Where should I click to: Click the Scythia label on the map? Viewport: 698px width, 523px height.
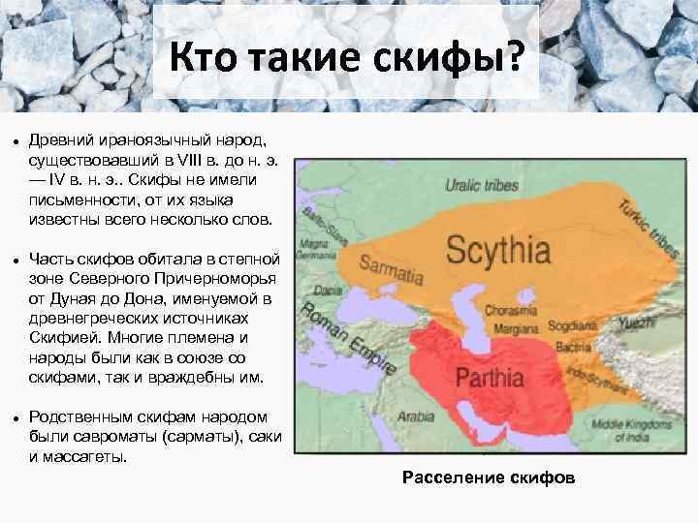pyautogui.click(x=498, y=253)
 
